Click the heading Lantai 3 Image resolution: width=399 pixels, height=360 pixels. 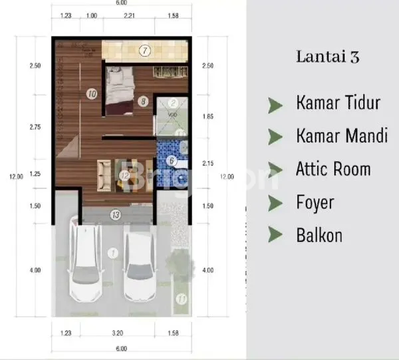pos(327,57)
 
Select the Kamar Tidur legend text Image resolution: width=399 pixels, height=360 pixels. pos(338,103)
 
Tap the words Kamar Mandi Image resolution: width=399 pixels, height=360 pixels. pos(342,136)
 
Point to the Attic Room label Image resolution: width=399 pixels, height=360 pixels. pos(333,169)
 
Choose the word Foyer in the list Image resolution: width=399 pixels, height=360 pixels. pos(315,202)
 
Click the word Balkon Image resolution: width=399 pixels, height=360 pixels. pos(319,235)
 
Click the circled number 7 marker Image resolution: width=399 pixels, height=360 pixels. pos(145,50)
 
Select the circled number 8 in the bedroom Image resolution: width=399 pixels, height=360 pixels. pos(142,101)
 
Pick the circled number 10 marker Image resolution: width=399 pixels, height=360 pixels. pos(91,94)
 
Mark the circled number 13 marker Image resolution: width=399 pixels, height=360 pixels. pos(115,214)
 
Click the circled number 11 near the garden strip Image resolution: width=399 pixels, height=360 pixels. pos(180,299)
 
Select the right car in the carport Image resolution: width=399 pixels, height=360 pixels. pos(139,264)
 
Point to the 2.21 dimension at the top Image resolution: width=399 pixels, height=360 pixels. pos(129,15)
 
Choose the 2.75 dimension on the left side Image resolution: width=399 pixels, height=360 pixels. pos(35,126)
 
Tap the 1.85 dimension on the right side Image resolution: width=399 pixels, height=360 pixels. pos(209,116)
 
